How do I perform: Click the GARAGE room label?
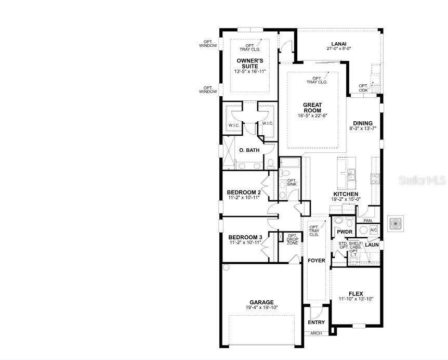(262, 302)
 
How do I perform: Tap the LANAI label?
(339, 44)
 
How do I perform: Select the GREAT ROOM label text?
(312, 108)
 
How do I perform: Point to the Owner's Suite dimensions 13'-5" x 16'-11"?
(250, 71)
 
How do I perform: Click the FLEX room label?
(356, 293)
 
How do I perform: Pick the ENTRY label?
(317, 322)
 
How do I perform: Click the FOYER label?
(317, 261)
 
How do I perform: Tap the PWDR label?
(345, 232)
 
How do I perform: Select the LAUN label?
(372, 245)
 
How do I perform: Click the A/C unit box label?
(374, 230)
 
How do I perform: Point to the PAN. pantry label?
(368, 221)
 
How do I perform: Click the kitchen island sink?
(351, 175)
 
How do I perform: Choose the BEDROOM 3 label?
(245, 237)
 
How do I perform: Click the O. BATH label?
(249, 150)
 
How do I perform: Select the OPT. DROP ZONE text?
(292, 239)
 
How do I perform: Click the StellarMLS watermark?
(423, 181)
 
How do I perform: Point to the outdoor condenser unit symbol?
(396, 223)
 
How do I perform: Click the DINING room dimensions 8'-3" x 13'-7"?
(363, 128)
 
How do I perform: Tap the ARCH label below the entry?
(315, 333)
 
